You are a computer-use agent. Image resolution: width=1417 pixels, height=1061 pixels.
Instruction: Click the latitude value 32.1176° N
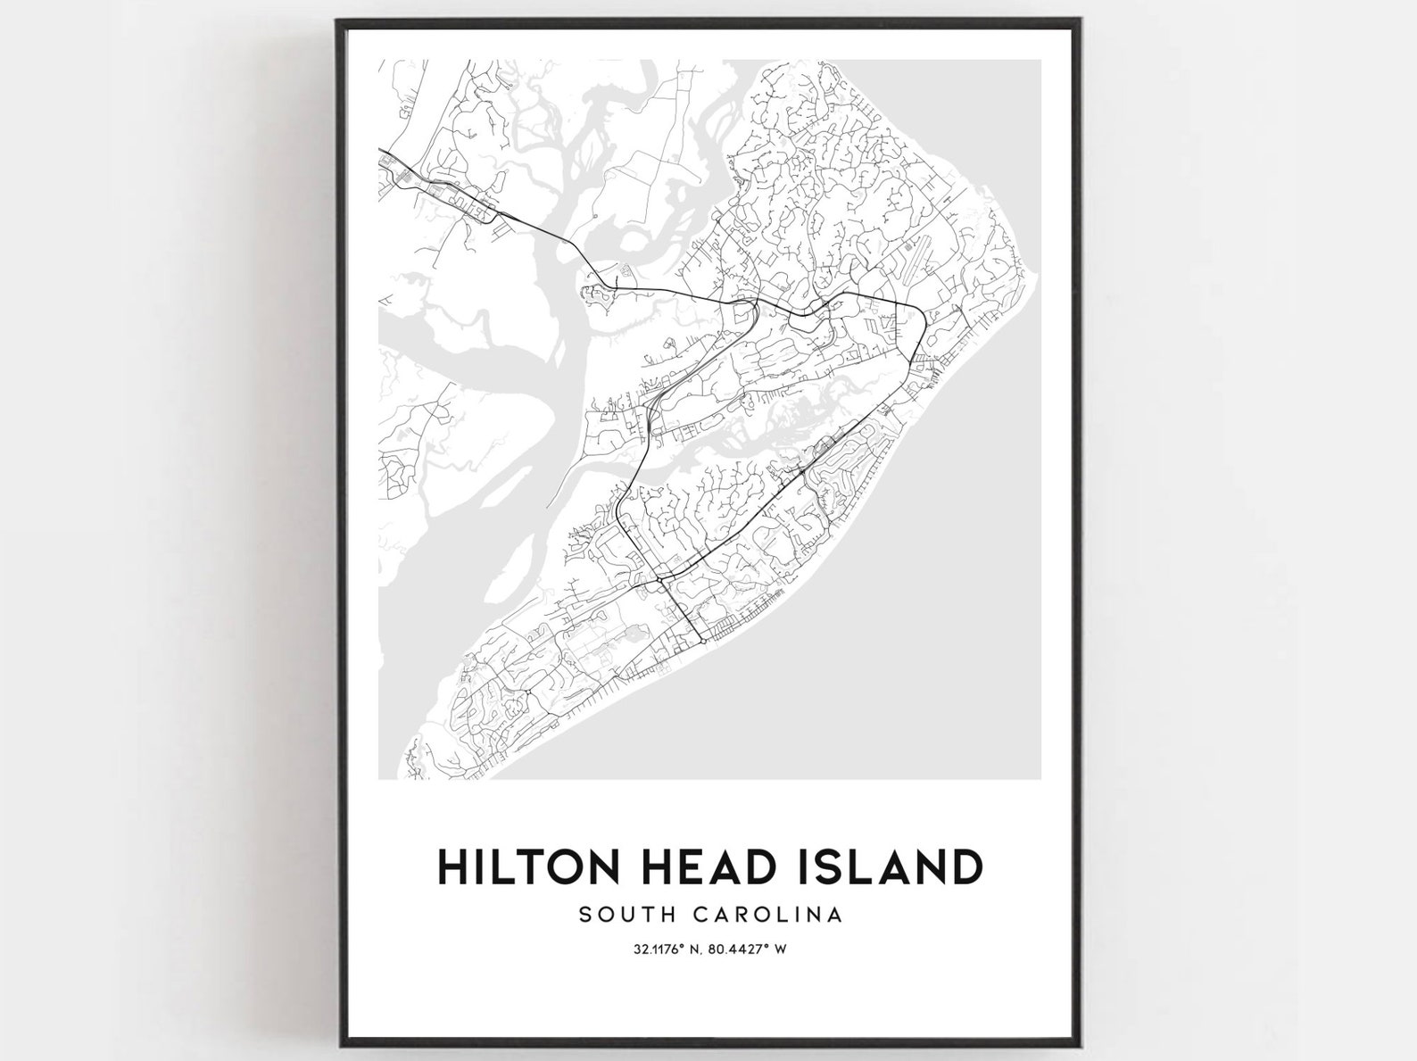tap(657, 949)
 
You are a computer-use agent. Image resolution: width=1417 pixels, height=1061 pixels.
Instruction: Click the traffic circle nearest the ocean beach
tap(703, 641)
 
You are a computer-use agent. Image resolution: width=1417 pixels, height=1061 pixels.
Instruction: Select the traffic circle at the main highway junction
tap(661, 579)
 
